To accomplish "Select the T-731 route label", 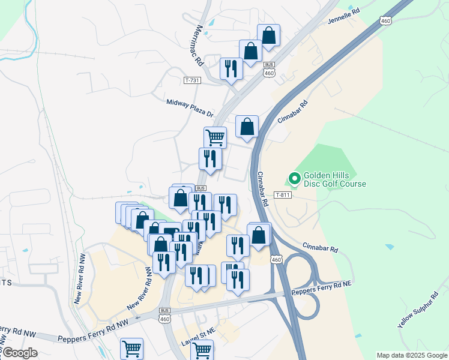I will [192, 80].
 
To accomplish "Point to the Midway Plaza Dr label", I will [190, 108].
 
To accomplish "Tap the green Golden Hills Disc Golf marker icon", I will [294, 178].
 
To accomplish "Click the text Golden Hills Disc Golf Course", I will [334, 179].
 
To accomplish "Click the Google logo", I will [19, 353].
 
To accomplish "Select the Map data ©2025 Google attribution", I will [412, 355].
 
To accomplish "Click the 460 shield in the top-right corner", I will [385, 21].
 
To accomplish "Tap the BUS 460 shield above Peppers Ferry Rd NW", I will [165, 314].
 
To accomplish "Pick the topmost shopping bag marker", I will [268, 35].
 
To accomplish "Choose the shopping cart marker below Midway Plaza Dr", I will [215, 137].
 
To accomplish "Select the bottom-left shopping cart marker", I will [131, 348].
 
